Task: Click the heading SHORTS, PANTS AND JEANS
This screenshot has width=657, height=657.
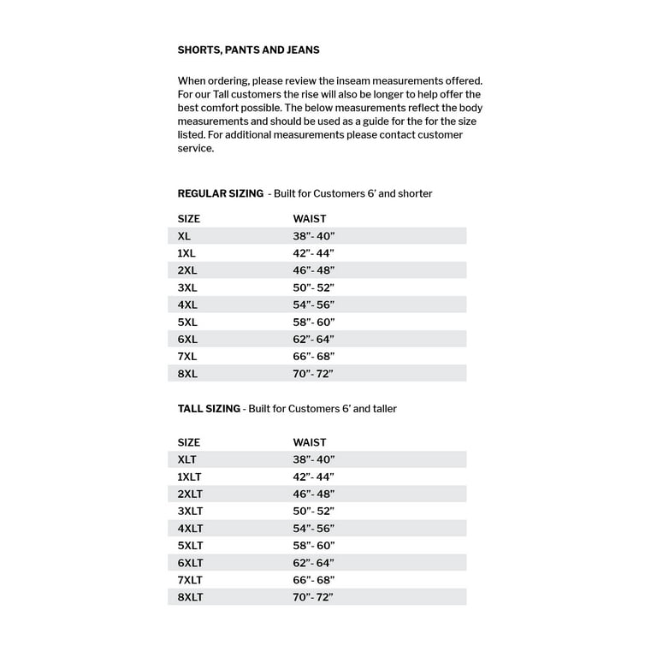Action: (248, 50)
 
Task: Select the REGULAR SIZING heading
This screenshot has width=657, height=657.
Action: (221, 194)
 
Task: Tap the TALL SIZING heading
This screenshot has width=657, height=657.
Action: (209, 409)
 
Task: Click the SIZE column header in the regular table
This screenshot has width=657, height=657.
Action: (189, 219)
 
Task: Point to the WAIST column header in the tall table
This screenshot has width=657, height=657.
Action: (310, 443)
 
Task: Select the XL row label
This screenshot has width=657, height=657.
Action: (184, 236)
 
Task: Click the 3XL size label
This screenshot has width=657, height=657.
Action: (187, 287)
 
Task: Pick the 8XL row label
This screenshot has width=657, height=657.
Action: (187, 374)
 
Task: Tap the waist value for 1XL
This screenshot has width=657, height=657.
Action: (313, 253)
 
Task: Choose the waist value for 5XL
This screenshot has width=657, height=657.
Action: (313, 323)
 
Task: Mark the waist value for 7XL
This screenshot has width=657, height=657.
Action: (313, 357)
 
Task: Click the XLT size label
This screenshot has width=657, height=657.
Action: (187, 460)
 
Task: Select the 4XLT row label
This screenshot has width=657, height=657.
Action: (191, 529)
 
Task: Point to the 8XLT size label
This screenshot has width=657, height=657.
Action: (191, 597)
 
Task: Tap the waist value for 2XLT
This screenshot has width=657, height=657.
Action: (313, 494)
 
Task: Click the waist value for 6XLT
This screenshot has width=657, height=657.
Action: (313, 563)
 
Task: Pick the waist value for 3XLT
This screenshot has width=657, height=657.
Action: (313, 512)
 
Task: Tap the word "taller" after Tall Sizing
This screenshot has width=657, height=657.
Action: (381, 409)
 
